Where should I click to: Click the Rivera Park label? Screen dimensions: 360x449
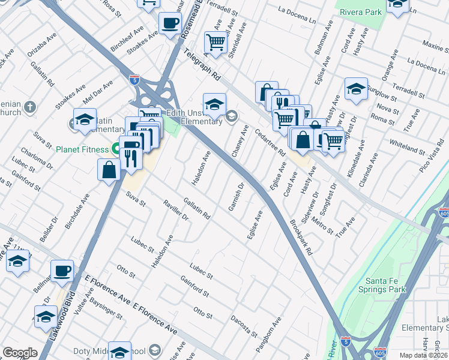click(360, 11)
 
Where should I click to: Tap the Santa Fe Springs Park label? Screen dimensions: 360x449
click(386, 285)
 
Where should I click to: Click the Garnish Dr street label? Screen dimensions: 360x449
click(235, 197)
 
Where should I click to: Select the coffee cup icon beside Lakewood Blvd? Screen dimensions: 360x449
click(62, 270)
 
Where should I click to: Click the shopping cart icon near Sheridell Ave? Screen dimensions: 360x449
click(215, 42)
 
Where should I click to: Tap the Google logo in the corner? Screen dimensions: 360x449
click(20, 353)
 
